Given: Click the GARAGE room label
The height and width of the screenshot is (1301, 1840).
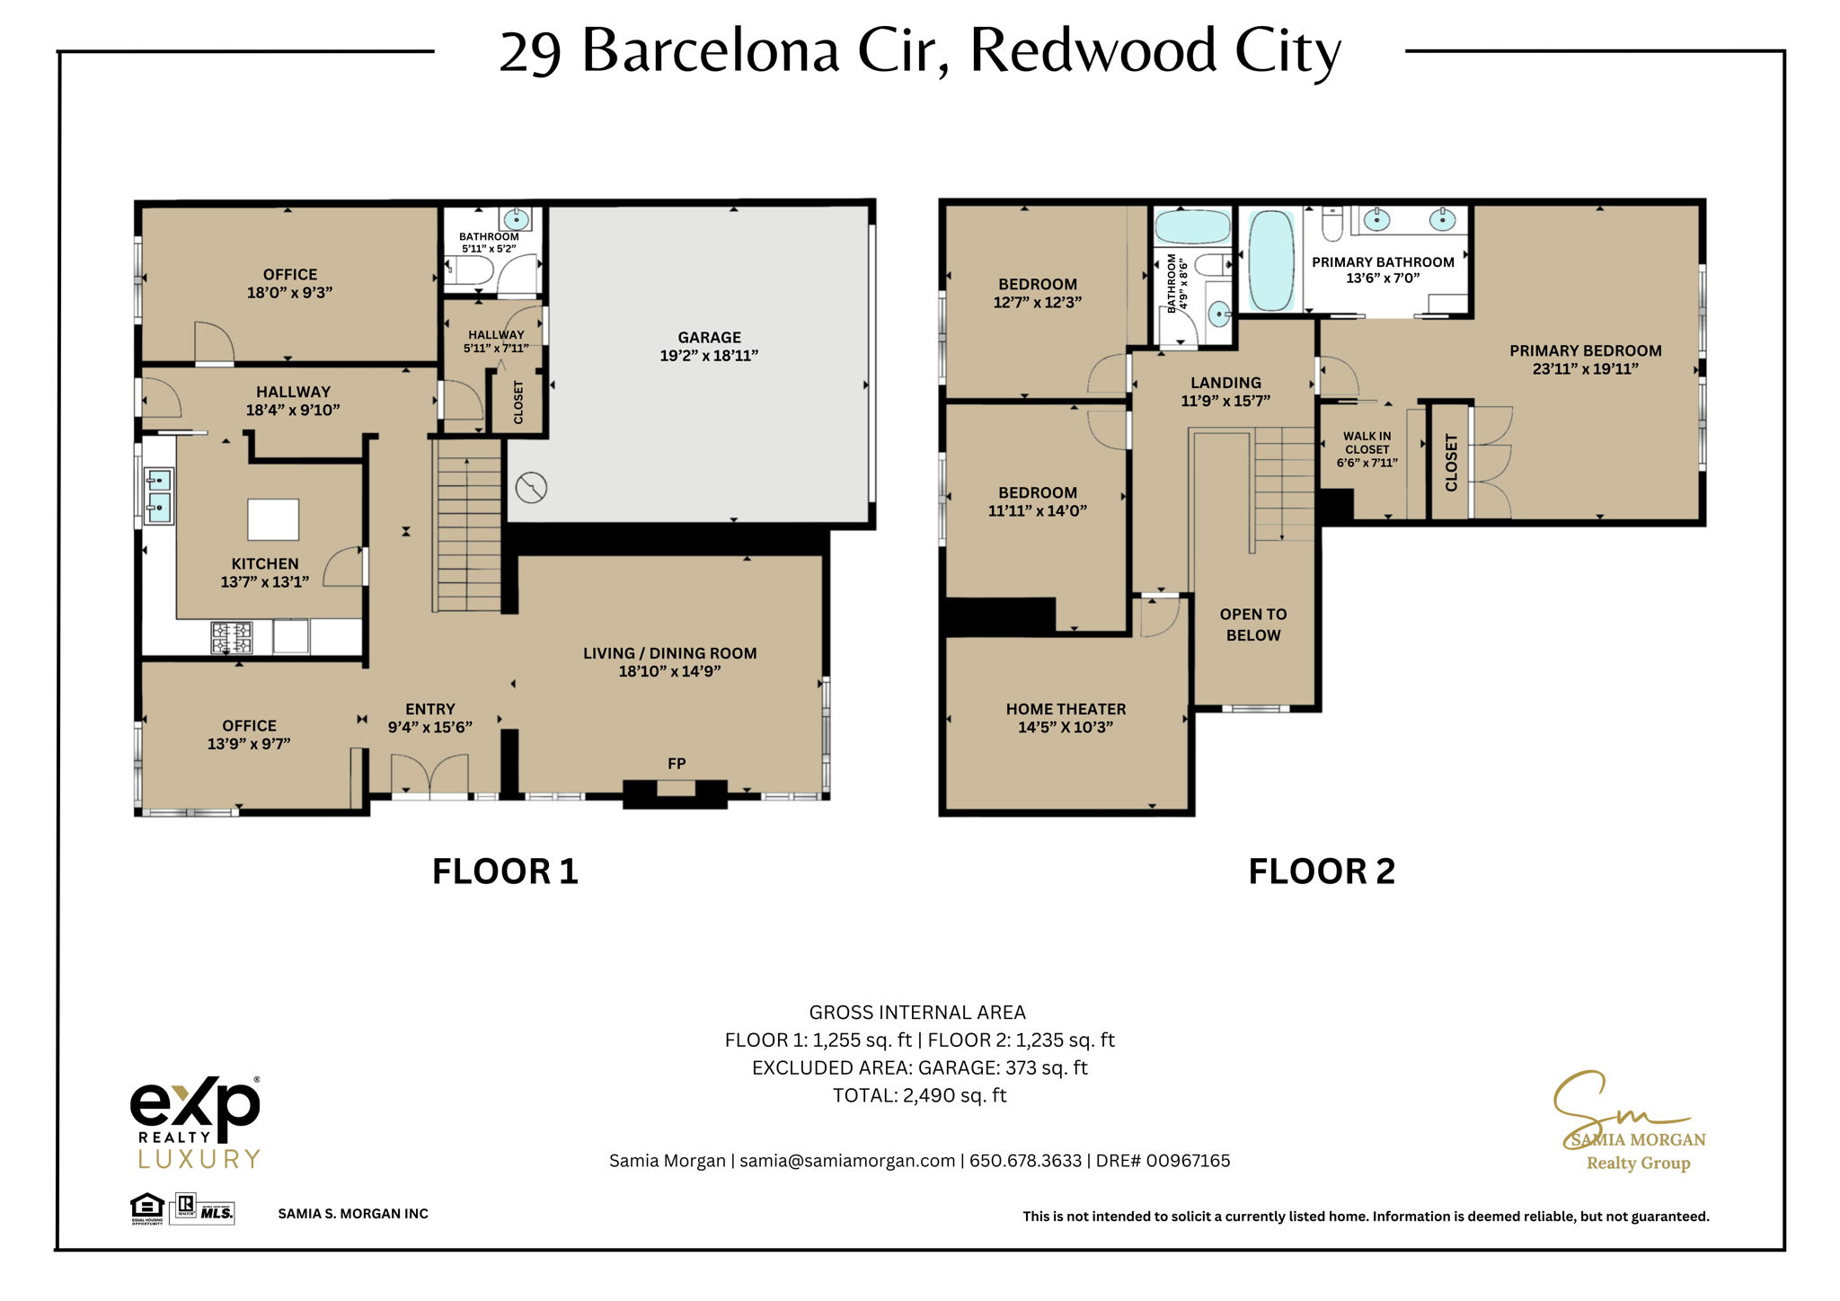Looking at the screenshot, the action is pos(709,338).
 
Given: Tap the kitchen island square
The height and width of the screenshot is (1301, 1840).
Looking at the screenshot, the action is pos(273,519).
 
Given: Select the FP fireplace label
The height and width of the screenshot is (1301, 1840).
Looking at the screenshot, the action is pos(677,764).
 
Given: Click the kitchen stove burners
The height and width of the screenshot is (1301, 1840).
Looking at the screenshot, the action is pos(232,637).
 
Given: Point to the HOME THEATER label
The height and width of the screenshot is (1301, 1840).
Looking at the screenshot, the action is pos(1066,709).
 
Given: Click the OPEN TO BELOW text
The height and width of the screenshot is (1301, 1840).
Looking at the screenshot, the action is pos(1253,624).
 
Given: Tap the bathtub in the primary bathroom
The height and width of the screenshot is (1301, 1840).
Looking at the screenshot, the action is pos(1271,261).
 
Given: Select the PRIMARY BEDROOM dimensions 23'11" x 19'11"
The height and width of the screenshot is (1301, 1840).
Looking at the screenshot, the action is pos(1586,368).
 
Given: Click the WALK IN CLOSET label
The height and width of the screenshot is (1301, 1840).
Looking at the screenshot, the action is pos(1367,442).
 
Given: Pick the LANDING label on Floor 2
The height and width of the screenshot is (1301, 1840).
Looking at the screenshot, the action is pos(1225,383).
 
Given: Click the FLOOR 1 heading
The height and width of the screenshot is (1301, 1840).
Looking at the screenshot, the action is pos(505,872).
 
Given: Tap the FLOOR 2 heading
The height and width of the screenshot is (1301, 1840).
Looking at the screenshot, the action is pos(1322,872).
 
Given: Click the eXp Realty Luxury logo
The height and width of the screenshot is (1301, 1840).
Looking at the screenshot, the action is pos(196,1123).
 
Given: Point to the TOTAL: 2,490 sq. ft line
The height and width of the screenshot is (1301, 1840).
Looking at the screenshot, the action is pos(919,1096).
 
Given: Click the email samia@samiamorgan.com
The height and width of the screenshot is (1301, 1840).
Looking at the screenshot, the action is pos(847,1161).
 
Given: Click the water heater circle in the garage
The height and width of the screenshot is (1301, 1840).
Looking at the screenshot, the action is pos(532,488).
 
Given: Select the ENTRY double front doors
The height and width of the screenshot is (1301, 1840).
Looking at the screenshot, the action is pos(429,774).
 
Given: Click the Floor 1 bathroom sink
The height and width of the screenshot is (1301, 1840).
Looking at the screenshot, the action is pos(516,218).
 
